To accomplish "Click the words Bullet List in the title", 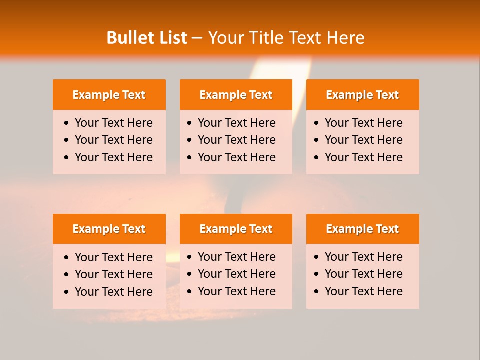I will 147,38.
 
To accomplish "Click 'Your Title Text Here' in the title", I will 286,38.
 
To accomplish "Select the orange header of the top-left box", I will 109,95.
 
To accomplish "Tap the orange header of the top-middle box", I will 236,95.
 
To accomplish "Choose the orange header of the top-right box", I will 362,95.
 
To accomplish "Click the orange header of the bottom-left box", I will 109,229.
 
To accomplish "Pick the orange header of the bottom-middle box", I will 236,229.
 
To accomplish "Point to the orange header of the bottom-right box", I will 362,229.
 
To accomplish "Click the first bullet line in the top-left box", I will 113,123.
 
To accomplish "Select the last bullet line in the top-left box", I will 113,157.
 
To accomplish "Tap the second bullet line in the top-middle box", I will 236,140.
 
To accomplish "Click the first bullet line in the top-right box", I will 363,123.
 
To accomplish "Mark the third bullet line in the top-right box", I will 363,157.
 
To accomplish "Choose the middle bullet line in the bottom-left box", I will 113,274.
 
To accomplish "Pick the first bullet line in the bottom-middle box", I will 236,257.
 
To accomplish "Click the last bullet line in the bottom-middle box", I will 236,291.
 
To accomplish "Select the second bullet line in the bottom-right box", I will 363,274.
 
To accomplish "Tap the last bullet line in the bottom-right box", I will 363,291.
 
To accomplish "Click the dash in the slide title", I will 197,38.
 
